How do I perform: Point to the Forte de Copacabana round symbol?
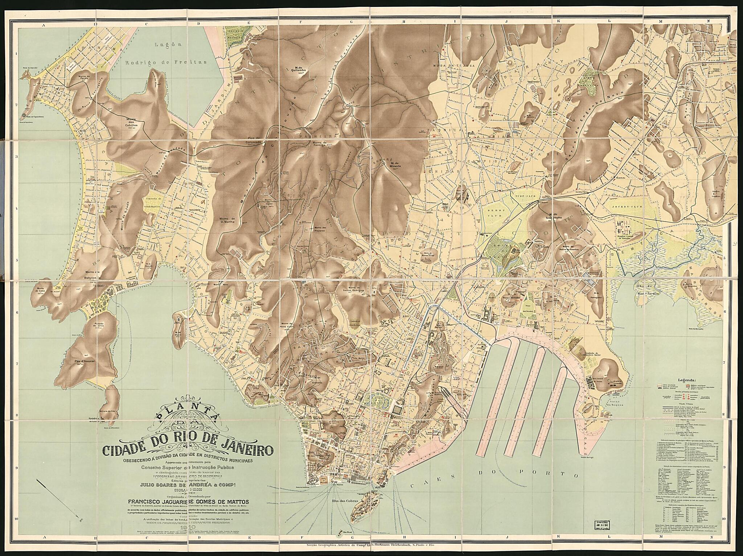[x=24, y=116]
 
